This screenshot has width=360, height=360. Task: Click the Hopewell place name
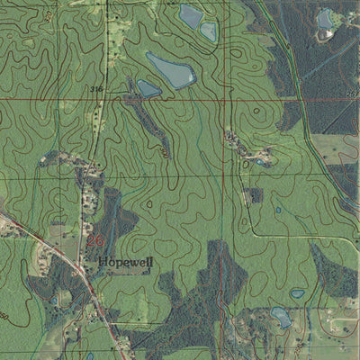click(126, 262)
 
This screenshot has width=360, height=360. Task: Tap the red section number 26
click(95, 241)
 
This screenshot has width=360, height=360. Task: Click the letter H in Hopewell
click(104, 262)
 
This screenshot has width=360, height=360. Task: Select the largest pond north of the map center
click(170, 69)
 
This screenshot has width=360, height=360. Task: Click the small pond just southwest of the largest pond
click(148, 88)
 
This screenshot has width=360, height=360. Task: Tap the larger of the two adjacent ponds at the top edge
click(191, 14)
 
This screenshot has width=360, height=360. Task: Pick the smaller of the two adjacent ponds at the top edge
click(208, 31)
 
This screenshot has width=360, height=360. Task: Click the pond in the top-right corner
click(325, 17)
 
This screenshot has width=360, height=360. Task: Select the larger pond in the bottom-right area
click(281, 317)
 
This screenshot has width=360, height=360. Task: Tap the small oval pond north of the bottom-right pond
click(297, 293)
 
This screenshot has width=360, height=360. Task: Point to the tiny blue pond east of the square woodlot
click(278, 210)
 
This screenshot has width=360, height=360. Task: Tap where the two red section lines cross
click(223, 96)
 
